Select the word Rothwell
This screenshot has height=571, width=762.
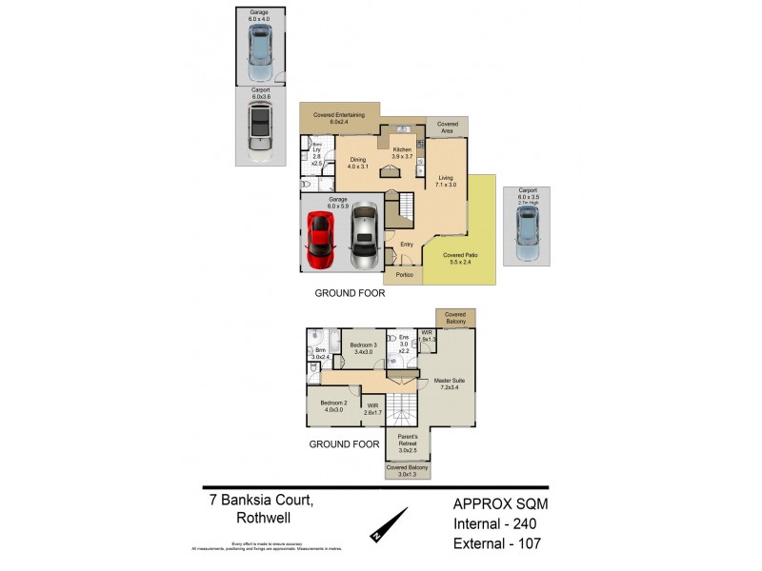coord(262,519)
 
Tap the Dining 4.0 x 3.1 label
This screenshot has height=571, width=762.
coord(357,163)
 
